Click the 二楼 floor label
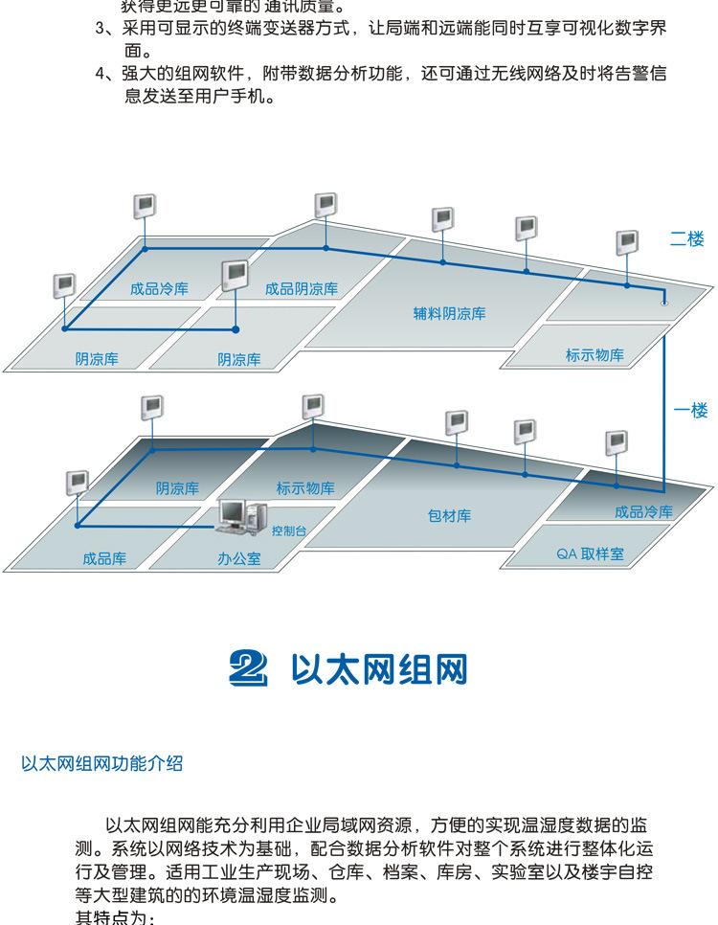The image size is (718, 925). tap(686, 239)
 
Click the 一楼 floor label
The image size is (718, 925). tap(689, 411)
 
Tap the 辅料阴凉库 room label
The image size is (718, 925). tap(449, 313)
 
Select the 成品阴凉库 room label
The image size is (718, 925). tap(302, 288)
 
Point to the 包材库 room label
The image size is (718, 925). tap(449, 515)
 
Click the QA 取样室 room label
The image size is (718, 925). tap(590, 554)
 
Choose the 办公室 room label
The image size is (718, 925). tap(238, 557)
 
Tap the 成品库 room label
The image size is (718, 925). tap(104, 557)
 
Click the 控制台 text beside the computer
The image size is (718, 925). tap(288, 530)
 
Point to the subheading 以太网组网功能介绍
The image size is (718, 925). tap(101, 764)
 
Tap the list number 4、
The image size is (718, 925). tap(104, 75)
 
